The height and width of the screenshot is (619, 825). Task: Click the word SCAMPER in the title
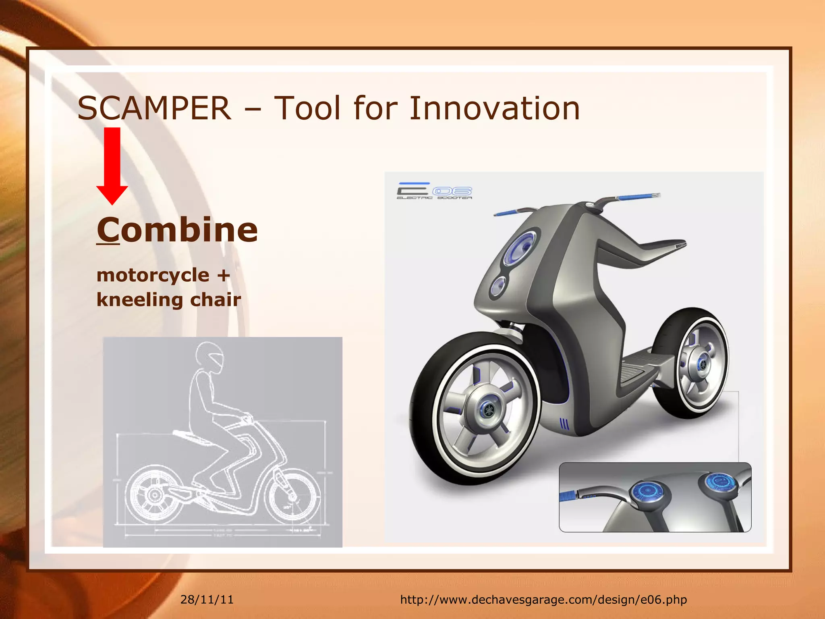pos(154,108)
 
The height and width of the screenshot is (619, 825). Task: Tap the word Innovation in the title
pos(494,108)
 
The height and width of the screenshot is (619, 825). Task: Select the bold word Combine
pos(177,230)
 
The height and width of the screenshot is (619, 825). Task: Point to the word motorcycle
pos(153,276)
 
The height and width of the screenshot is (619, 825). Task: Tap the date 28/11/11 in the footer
pos(207,599)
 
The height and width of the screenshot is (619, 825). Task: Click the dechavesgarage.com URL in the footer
pos(543,599)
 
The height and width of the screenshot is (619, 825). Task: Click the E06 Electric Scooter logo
pos(434,191)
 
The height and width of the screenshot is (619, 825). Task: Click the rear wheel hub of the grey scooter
pos(702,363)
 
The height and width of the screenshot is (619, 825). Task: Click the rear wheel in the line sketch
pos(153,494)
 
